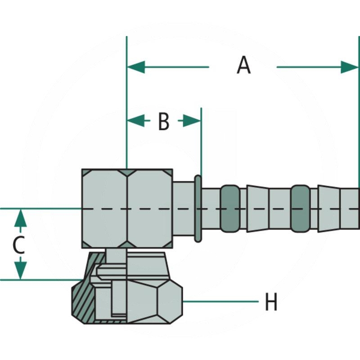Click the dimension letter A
coord(243,66)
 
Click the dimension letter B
coord(163,121)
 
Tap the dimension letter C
coord(18,245)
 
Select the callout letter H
coord(270,302)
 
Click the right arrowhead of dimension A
coord(350,67)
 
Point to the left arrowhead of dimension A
coord(136,67)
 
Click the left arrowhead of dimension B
coord(135,121)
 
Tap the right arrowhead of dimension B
coord(192,121)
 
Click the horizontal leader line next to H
coord(220,301)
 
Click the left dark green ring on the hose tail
coord(229,209)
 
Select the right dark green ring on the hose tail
coord(300,209)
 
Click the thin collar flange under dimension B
coord(198,208)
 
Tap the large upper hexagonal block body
coord(127,208)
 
